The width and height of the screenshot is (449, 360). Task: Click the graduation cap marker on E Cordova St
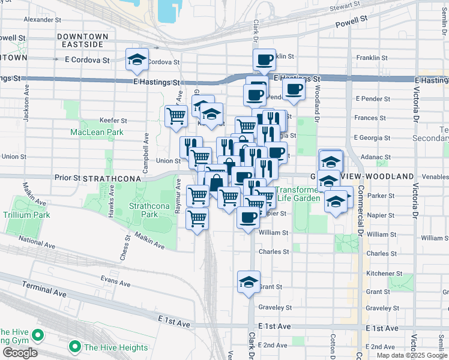[x=137, y=59]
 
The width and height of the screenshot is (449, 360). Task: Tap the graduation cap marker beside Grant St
[x=249, y=281]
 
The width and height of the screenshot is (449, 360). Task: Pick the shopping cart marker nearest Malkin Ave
[x=197, y=218]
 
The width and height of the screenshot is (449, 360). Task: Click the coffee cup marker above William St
[x=248, y=217]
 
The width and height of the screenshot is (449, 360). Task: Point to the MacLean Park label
[x=88, y=132]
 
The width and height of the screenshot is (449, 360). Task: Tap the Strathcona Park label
[x=143, y=209]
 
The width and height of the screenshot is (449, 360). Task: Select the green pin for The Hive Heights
[x=75, y=347]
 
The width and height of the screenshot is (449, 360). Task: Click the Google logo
[x=20, y=353]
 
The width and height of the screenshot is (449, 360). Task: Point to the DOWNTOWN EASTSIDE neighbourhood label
[x=83, y=41]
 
